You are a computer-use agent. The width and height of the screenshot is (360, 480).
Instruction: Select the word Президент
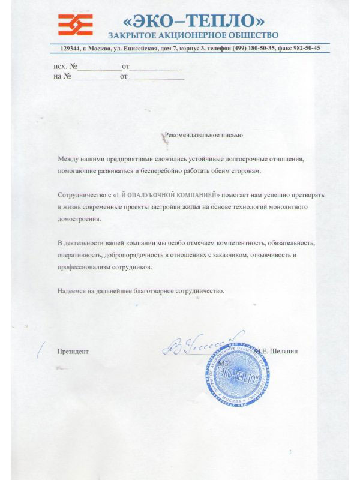(x=73, y=351)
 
